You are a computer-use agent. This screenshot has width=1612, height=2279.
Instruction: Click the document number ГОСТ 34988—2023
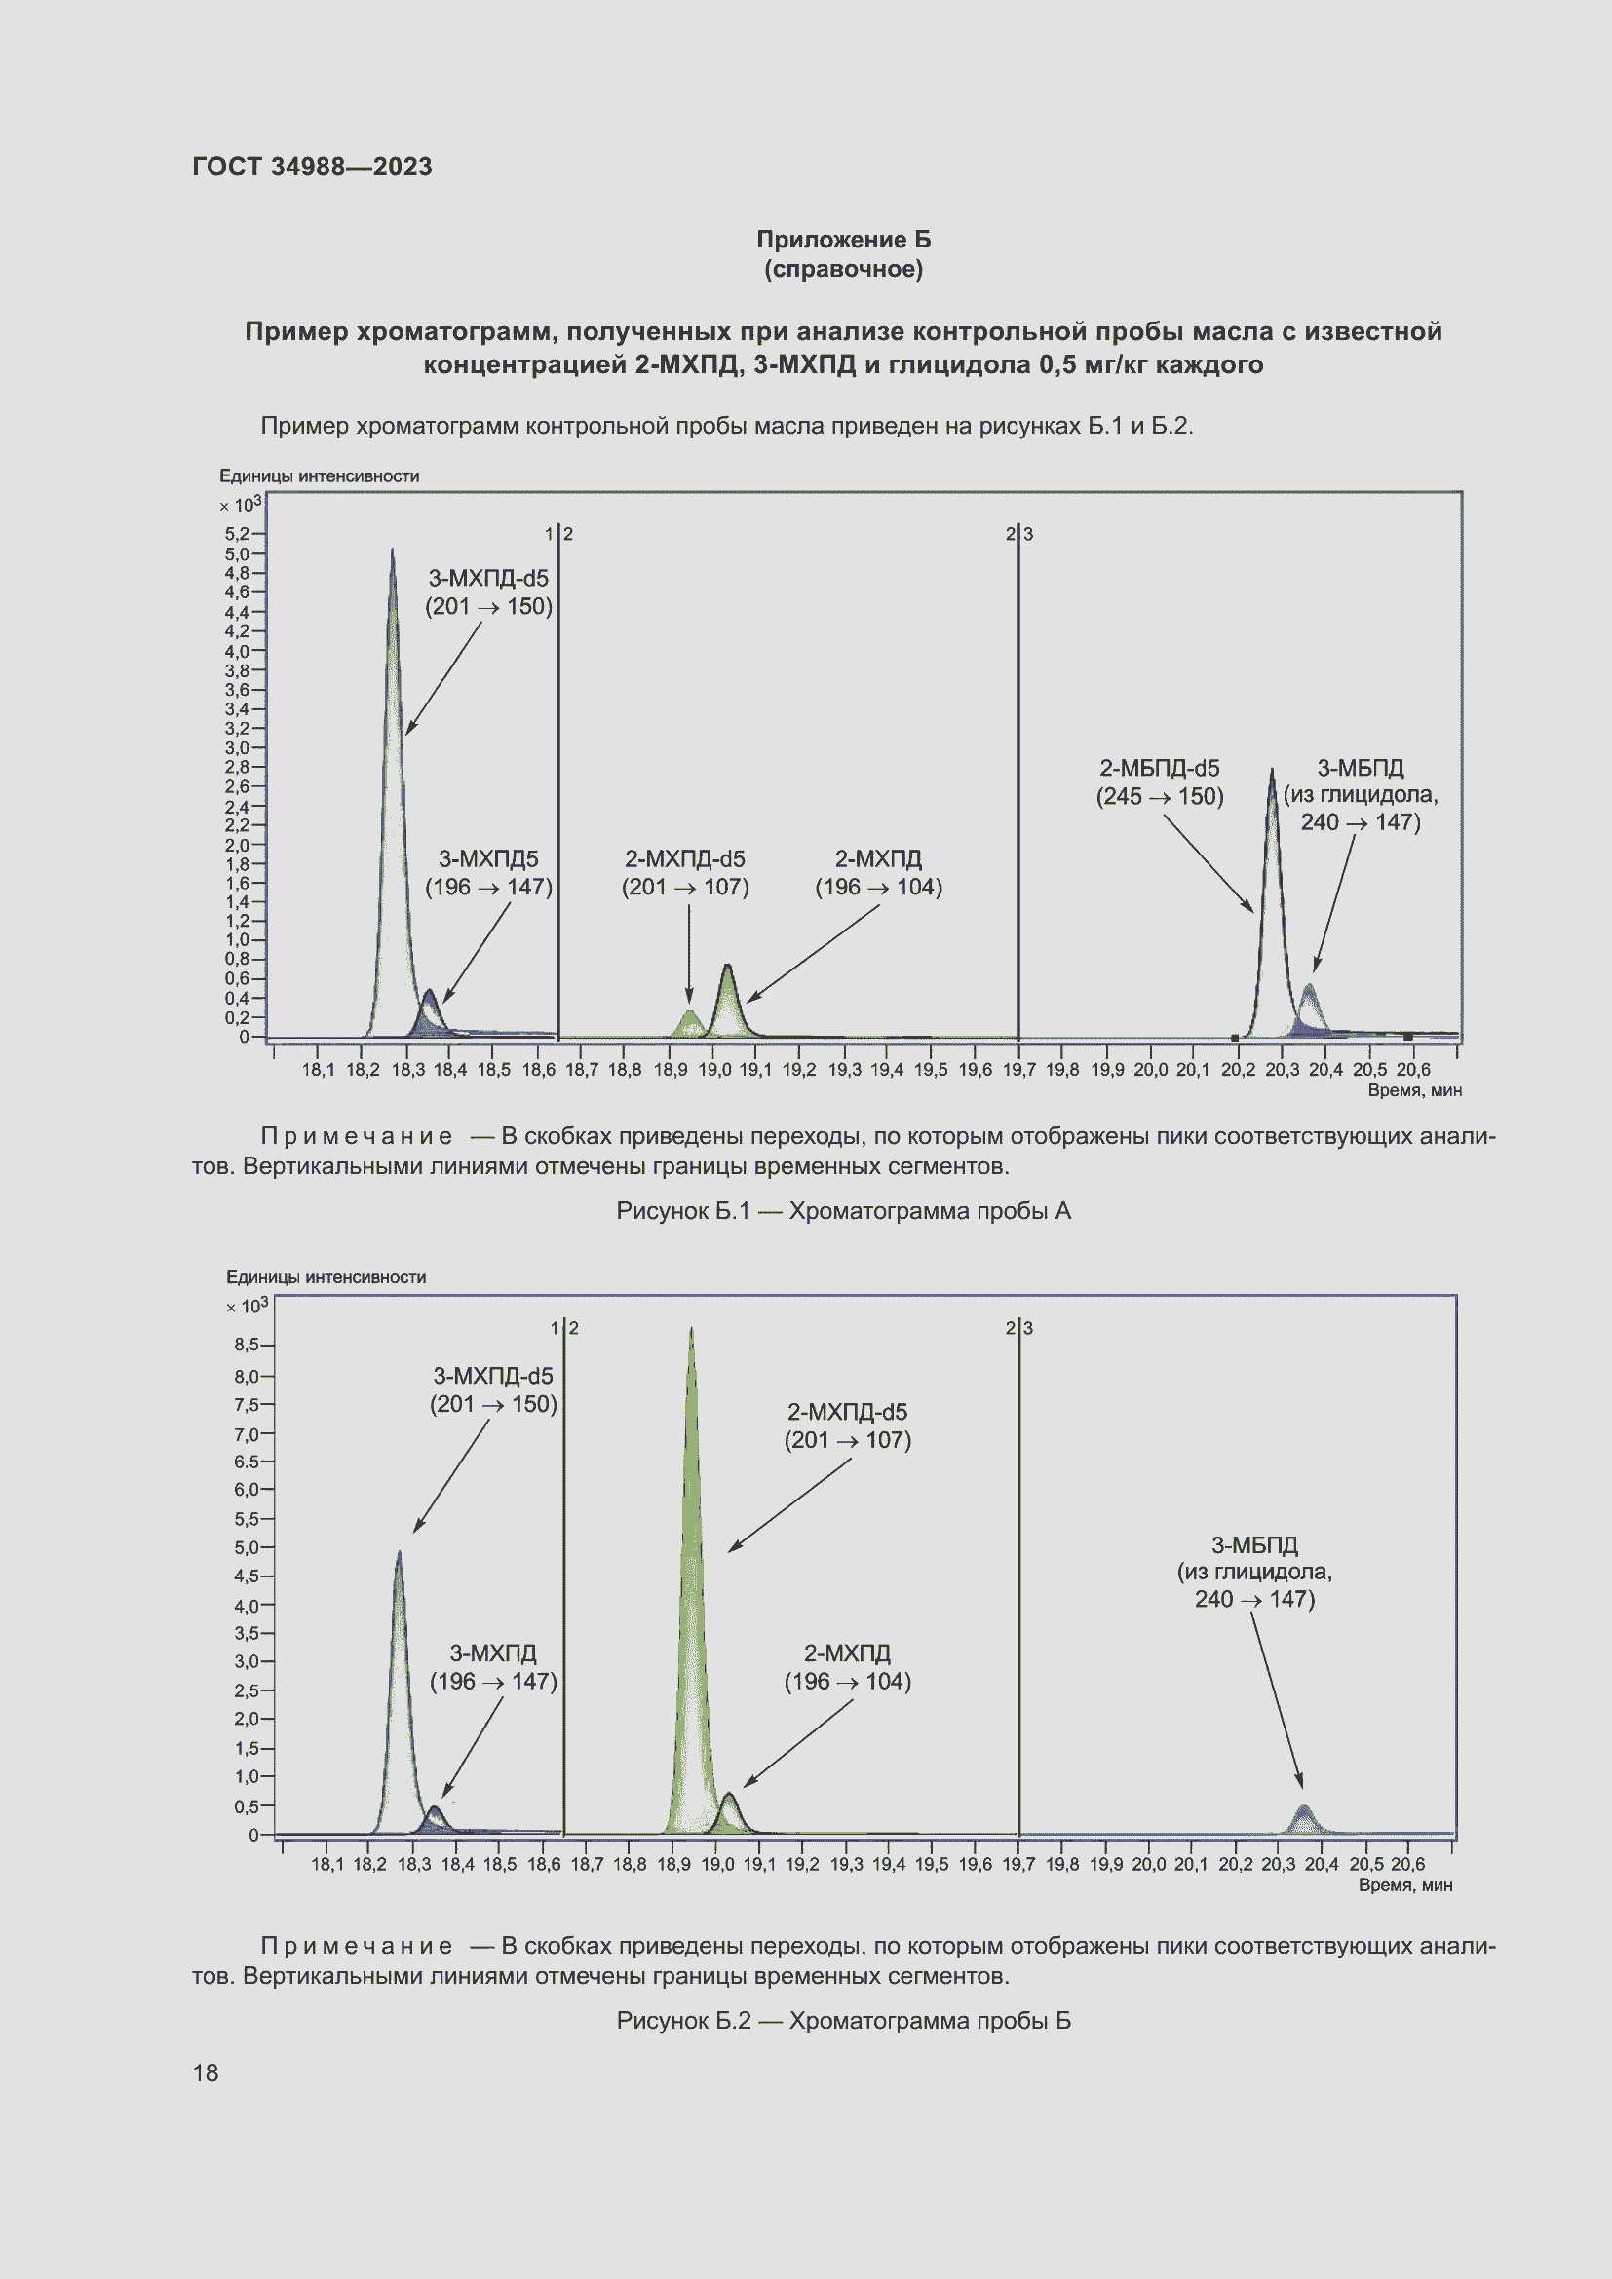point(312,167)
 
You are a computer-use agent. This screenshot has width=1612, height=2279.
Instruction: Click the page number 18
point(206,2072)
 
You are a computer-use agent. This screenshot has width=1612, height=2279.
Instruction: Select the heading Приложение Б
point(843,240)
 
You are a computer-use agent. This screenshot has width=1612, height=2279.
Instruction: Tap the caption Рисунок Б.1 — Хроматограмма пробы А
point(843,1211)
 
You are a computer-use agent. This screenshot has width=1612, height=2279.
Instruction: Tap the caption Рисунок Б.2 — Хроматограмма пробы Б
point(843,2021)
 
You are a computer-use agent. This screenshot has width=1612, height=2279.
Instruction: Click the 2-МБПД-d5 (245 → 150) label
point(1160,782)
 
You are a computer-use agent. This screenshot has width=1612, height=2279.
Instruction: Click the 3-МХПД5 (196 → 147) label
point(488,873)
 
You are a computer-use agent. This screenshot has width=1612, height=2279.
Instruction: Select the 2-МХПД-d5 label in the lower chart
point(848,1425)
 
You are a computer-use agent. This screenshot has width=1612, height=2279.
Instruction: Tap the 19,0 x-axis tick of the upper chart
point(713,1069)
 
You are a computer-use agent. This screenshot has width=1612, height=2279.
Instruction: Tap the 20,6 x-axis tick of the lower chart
point(1407,1864)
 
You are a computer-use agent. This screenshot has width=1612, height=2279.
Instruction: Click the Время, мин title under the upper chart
point(1414,1091)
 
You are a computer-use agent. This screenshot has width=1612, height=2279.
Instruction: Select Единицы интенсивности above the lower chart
point(326,1277)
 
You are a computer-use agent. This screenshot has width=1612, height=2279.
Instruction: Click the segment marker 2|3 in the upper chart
point(1018,534)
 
